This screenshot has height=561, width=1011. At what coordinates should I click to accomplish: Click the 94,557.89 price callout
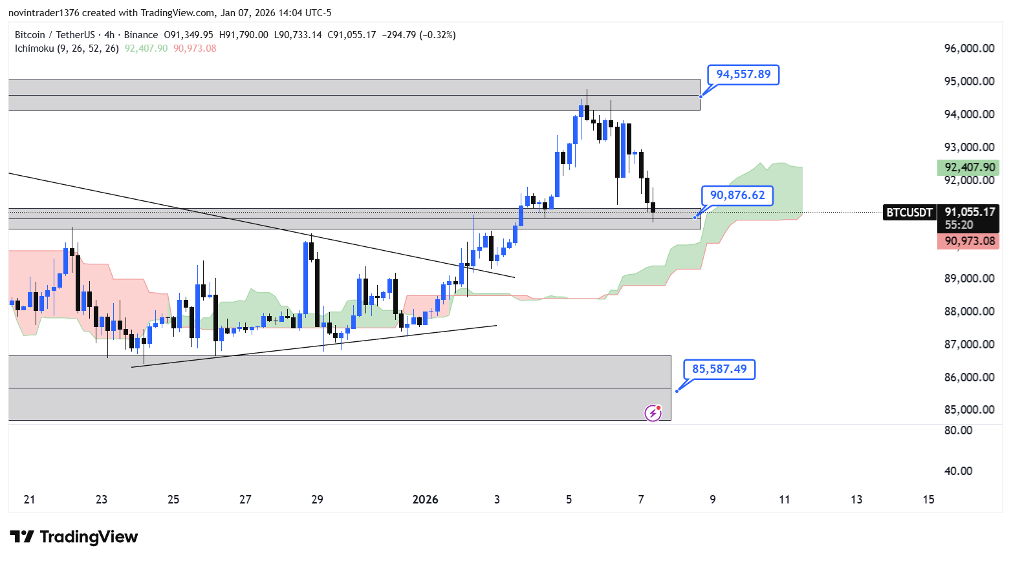[743, 74]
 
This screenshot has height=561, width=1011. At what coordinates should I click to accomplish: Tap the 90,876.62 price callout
[737, 195]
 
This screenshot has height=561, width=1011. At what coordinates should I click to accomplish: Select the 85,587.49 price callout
[719, 369]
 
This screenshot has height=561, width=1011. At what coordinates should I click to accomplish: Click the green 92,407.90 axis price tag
[968, 167]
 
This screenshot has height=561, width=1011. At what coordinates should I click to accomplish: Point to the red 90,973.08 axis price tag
[968, 241]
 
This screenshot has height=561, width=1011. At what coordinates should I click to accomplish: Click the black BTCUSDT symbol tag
[909, 212]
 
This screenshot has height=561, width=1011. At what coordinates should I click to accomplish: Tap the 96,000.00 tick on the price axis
[969, 48]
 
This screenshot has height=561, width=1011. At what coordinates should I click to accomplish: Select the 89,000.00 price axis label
[969, 279]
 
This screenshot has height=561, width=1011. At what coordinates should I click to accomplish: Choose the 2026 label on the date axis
[425, 500]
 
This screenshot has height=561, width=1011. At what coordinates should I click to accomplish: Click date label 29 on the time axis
[317, 500]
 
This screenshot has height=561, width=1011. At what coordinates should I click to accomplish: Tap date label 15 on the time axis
[928, 500]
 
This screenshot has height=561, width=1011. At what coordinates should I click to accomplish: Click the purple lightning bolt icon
[653, 413]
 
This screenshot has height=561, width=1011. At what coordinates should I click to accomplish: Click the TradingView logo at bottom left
[74, 537]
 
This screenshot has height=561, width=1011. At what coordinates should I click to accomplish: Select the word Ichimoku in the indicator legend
[34, 48]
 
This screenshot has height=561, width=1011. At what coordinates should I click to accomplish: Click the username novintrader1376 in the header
[43, 13]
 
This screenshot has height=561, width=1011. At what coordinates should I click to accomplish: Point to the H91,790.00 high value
[243, 35]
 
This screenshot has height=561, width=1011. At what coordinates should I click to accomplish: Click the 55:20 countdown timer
[959, 225]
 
